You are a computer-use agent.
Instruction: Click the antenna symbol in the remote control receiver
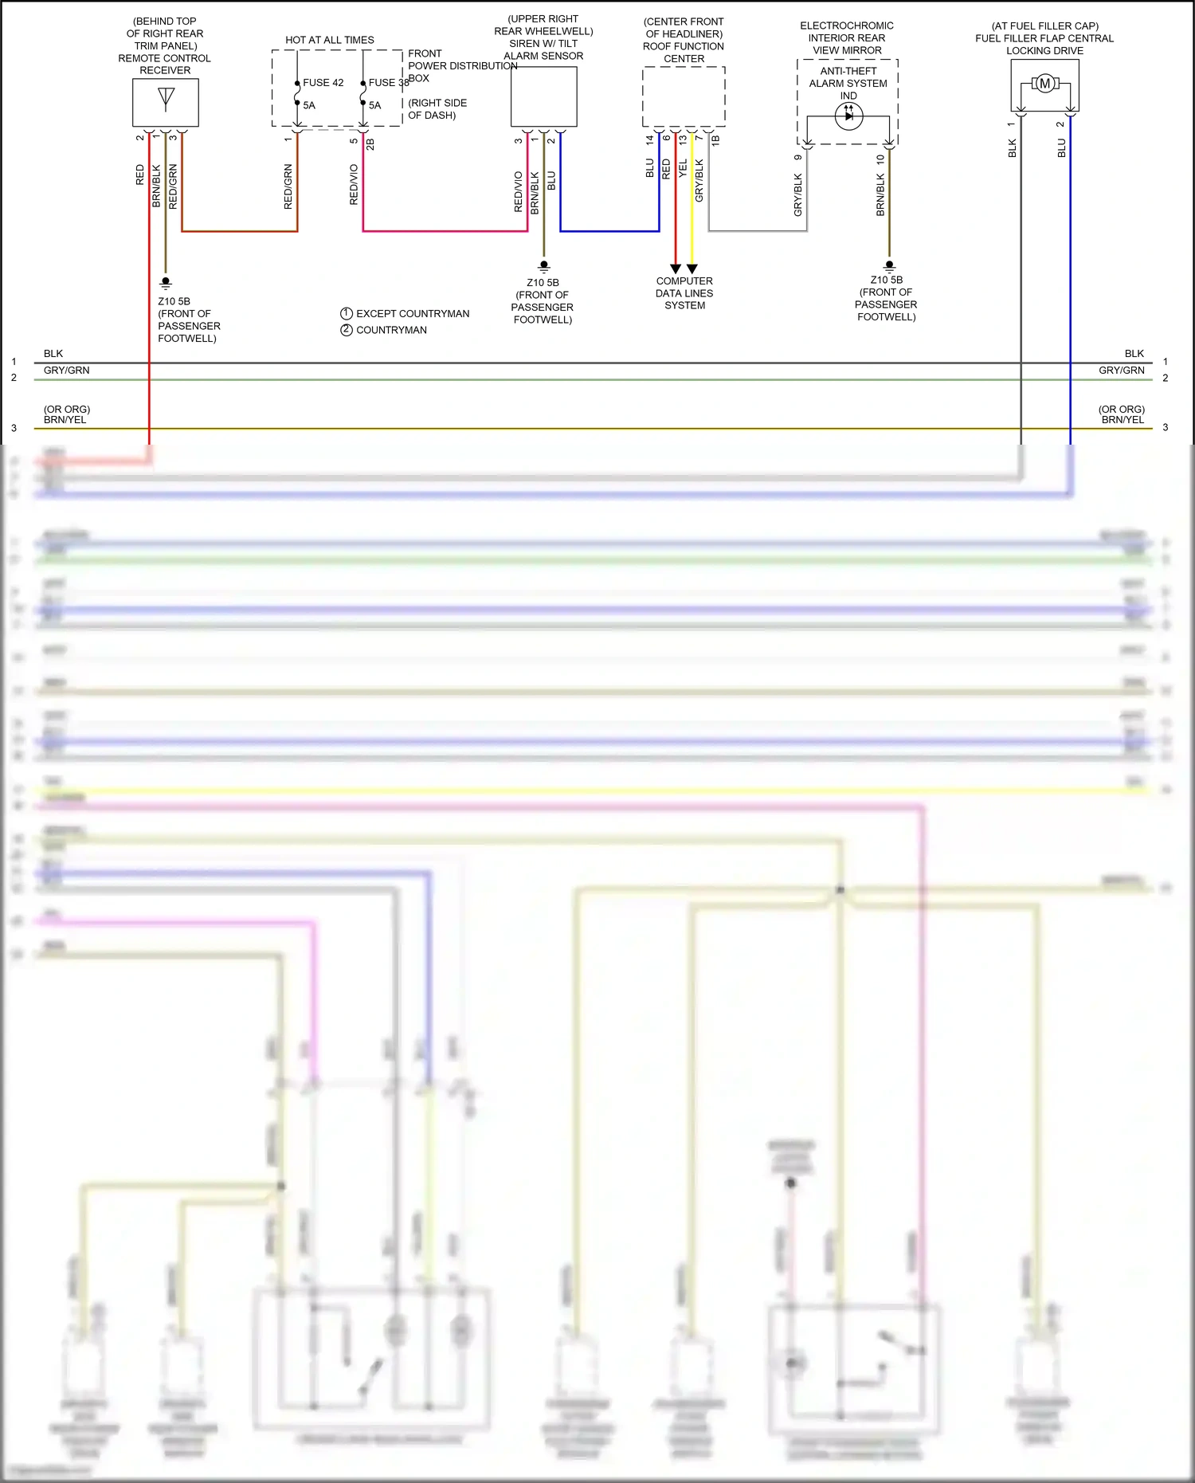click(x=166, y=98)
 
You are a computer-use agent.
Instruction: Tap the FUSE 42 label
click(x=323, y=83)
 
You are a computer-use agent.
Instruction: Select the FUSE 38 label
click(x=388, y=83)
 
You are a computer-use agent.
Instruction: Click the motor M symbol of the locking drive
click(x=1044, y=84)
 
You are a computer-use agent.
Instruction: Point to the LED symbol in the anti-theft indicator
click(x=848, y=116)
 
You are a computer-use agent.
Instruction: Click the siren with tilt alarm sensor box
click(x=543, y=96)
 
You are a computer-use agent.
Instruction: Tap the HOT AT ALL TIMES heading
click(x=330, y=40)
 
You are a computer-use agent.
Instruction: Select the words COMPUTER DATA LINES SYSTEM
click(x=684, y=293)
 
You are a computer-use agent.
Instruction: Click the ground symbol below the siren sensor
click(x=544, y=266)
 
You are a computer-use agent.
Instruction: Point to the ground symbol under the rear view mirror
click(x=890, y=266)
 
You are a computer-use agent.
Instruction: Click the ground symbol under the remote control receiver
click(x=166, y=283)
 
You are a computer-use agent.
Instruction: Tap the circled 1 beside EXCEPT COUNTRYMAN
click(x=347, y=313)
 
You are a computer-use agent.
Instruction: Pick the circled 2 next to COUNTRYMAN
click(x=347, y=330)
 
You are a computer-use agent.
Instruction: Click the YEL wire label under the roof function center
click(x=683, y=168)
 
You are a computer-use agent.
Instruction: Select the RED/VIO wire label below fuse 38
click(x=355, y=185)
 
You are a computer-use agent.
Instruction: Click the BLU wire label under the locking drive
click(x=1061, y=148)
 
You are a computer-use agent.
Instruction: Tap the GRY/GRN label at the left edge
click(x=66, y=371)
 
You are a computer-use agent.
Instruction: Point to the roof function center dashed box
click(x=684, y=96)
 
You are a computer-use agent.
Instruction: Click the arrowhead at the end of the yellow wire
click(x=692, y=269)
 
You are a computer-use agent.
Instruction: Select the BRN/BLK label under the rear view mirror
click(x=880, y=195)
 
